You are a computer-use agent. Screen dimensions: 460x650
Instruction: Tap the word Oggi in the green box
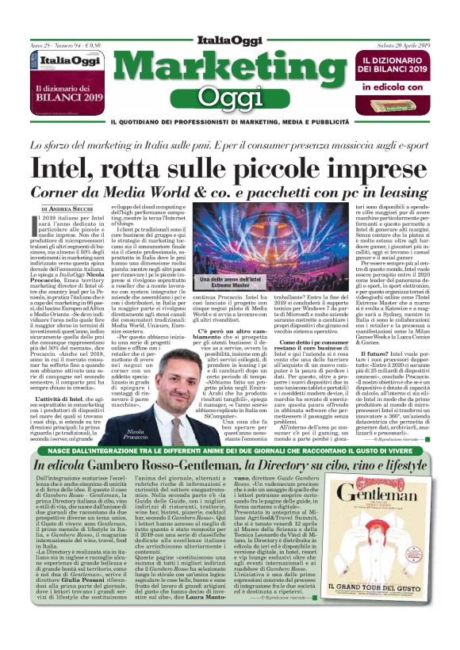click(x=229, y=98)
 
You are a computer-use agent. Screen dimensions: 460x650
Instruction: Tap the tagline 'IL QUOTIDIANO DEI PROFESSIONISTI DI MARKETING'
click(x=229, y=122)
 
